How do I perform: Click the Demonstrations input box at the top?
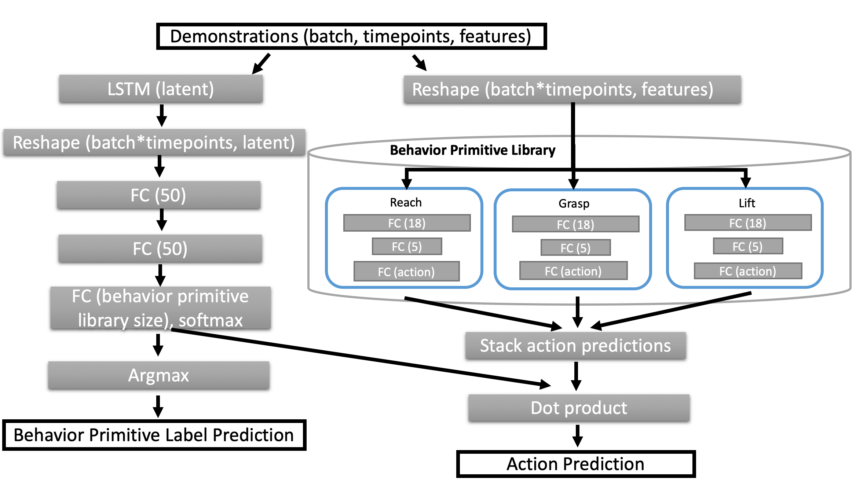point(351,36)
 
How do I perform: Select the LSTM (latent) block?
point(161,89)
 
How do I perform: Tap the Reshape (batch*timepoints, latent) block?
point(154,142)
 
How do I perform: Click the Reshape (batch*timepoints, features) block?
point(572,89)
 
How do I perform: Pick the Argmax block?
point(158,375)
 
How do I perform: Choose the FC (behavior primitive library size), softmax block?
point(161,308)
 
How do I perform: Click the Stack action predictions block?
point(575,346)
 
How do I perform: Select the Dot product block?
point(579,408)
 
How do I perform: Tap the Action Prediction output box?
point(576,464)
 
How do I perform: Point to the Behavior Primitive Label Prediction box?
point(154,435)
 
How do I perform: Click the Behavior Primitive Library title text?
point(472,150)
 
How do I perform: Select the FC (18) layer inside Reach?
point(407,223)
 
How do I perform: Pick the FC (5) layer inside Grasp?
point(575,248)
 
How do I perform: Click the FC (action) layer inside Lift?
point(748,271)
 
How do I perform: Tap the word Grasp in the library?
point(574,203)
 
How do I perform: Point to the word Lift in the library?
point(747,203)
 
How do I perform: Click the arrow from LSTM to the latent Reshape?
point(161,115)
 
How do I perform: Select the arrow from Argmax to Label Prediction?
point(158,406)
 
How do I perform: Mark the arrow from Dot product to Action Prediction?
point(578,436)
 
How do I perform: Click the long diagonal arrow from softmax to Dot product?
point(361,358)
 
